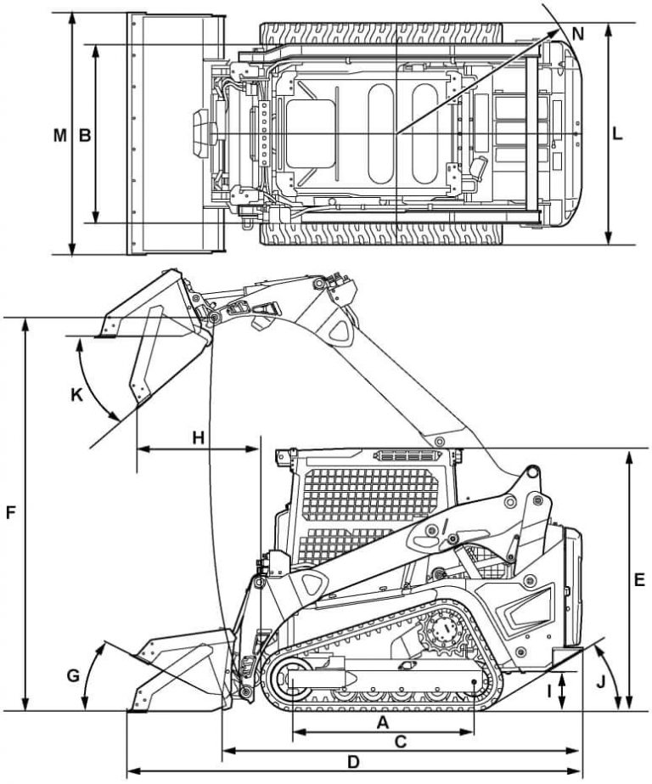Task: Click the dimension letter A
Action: click(382, 722)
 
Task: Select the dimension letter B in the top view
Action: click(84, 134)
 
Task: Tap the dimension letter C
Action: click(402, 741)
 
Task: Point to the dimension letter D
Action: click(353, 762)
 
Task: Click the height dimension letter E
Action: click(639, 580)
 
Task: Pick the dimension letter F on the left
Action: click(11, 513)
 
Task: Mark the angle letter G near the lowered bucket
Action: click(73, 676)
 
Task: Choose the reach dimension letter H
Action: click(198, 437)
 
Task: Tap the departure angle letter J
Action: click(602, 680)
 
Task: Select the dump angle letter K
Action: click(77, 395)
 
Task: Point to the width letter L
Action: click(617, 134)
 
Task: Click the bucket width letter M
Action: click(59, 134)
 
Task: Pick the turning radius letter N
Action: click(577, 34)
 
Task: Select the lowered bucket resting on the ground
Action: click(178, 671)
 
